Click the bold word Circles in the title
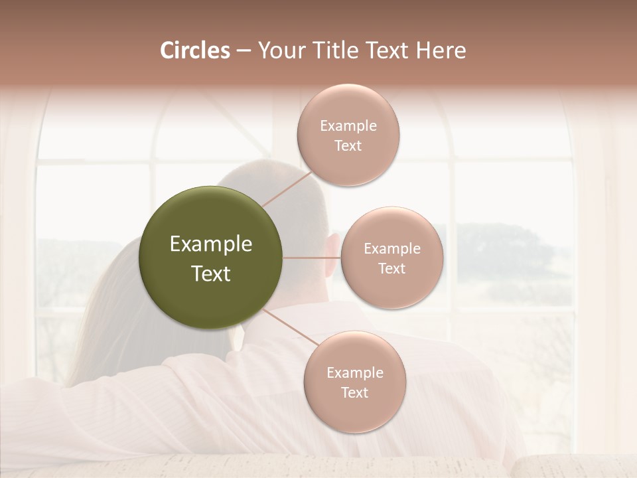(x=194, y=50)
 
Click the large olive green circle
(x=210, y=219)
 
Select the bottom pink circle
(x=354, y=412)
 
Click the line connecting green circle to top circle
(x=287, y=188)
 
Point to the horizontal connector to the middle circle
(x=311, y=258)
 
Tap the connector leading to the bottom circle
(x=291, y=327)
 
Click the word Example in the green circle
(x=210, y=244)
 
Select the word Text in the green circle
(x=210, y=274)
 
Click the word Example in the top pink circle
(x=348, y=126)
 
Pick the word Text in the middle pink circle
(x=392, y=268)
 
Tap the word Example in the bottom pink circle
(x=354, y=372)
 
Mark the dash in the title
(x=244, y=50)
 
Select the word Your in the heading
(x=279, y=50)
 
